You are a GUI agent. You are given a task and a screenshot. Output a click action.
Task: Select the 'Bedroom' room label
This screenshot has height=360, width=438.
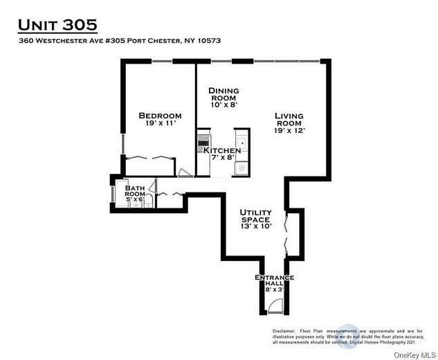pos(160,116)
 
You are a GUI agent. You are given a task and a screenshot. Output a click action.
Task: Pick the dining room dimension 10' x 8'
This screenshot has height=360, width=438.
pos(224,107)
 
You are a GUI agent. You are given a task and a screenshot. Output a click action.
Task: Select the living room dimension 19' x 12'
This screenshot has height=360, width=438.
pos(289,130)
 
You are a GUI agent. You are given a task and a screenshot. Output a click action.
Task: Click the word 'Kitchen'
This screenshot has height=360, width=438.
pos(221,150)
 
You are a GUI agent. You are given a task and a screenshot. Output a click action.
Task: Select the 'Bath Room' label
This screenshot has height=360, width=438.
pos(135,192)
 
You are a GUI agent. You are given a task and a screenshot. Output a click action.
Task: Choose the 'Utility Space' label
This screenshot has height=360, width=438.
pos(255,216)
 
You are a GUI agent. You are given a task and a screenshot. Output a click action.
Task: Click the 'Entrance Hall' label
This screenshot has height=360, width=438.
pos(275,281)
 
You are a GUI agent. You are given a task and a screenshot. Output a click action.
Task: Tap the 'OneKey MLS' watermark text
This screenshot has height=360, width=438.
pos(412,354)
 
